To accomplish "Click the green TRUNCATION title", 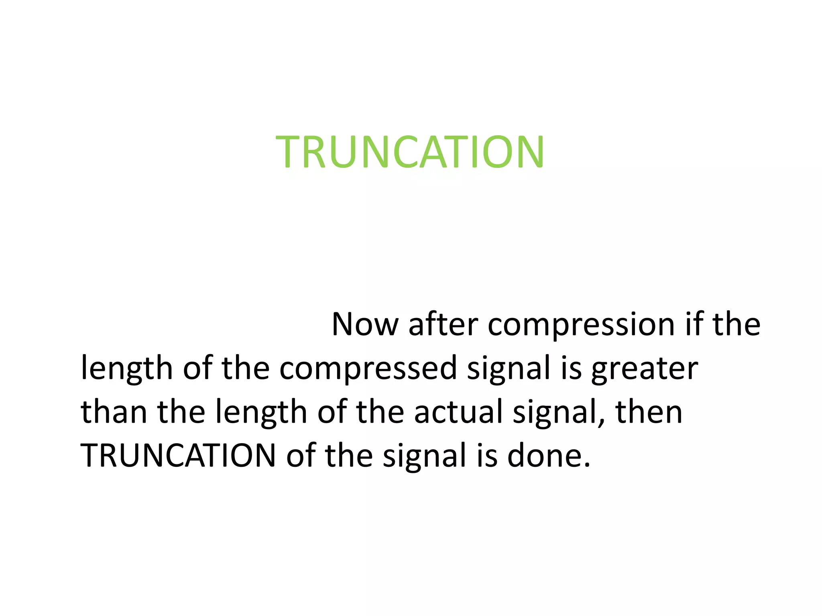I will coord(410,152).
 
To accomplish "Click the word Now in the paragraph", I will coord(365,324).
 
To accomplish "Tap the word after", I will coord(443,324).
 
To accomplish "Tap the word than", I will coord(114,412).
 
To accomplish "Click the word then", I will coord(649,412).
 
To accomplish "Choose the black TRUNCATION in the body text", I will coord(178,456).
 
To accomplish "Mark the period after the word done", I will coord(587,465).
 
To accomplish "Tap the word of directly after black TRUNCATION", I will coord(300,456).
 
